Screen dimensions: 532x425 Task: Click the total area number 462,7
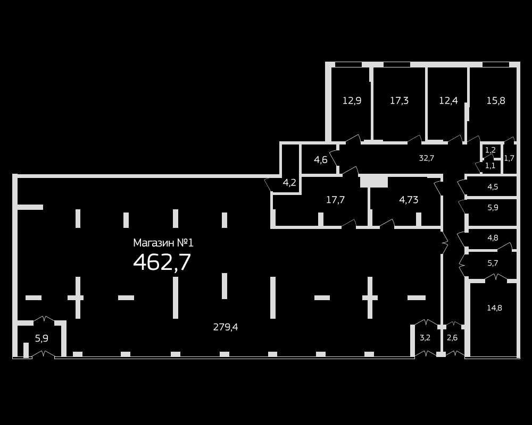point(162,262)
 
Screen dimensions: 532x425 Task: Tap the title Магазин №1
point(163,243)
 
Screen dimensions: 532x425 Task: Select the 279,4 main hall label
point(226,327)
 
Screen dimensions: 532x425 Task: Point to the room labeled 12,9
point(352,100)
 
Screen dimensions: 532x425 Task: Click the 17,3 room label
point(400,100)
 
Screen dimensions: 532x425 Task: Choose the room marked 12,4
point(448,100)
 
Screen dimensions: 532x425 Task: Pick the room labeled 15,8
point(496,100)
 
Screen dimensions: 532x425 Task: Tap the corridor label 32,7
point(427,158)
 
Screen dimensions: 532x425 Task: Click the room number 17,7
point(336,200)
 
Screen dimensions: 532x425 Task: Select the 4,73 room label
point(409,200)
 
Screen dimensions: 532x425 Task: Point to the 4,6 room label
point(321,159)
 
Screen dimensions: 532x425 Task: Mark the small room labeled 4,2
point(289,183)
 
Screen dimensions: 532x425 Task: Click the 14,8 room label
point(495,308)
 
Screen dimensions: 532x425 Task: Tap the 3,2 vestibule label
point(425,337)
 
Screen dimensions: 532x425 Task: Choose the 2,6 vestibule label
point(452,337)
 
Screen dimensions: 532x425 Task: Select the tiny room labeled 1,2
point(491,150)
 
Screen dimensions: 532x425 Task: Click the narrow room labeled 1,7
point(509,158)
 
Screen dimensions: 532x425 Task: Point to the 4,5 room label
point(493,187)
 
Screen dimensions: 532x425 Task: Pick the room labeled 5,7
point(493,263)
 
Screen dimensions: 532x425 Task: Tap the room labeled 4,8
point(493,238)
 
